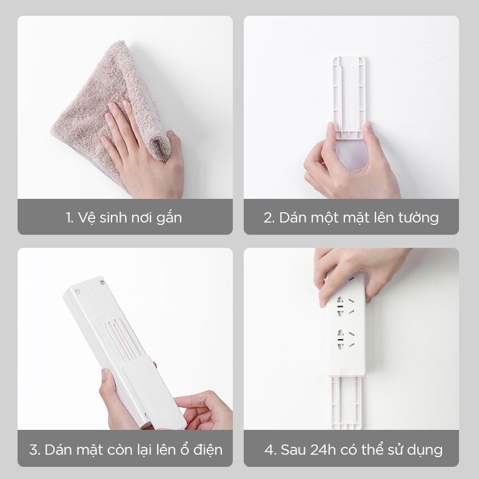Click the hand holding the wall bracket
352,164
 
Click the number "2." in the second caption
269,217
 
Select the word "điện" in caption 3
206,450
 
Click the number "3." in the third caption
35,450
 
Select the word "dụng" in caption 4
425,451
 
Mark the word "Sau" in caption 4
289,450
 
